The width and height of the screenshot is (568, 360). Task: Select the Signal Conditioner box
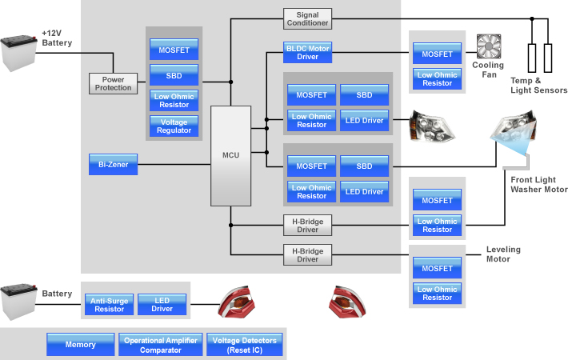point(307,18)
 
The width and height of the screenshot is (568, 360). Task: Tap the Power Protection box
point(113,82)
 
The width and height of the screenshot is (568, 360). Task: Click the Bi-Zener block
point(113,165)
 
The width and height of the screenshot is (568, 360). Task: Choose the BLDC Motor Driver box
point(307,51)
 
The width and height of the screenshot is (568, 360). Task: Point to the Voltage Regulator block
point(174,126)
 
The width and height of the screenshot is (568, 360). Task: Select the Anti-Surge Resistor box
point(109,304)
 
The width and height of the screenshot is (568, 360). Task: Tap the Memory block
point(80,345)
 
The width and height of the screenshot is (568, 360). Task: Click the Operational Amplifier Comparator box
point(161,345)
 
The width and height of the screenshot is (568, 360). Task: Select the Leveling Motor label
point(503,254)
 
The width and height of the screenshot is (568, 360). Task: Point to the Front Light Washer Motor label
point(538,185)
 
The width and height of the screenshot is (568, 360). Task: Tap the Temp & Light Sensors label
point(539,86)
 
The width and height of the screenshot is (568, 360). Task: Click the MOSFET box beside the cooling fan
point(437,54)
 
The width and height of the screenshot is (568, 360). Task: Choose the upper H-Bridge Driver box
point(307,225)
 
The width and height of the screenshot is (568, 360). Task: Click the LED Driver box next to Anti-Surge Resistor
point(162,304)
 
